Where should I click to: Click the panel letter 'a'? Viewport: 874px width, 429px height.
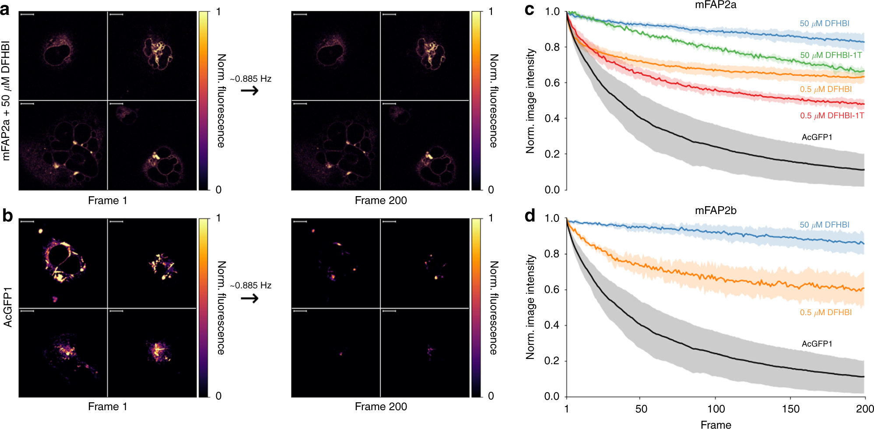coord(5,10)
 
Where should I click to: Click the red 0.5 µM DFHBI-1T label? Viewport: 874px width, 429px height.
coord(832,116)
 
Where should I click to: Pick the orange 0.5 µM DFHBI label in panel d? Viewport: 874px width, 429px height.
coord(825,313)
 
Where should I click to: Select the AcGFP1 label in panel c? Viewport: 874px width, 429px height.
coord(817,137)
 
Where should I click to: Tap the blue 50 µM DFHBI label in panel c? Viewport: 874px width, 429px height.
coord(824,24)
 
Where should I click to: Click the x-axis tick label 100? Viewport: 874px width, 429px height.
coord(716,409)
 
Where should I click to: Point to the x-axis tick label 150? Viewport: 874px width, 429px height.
coord(790,409)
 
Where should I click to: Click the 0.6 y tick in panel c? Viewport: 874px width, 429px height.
coord(552,83)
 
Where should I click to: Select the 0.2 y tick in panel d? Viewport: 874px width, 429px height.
coord(552,361)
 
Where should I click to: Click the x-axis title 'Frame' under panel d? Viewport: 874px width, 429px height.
coord(716,424)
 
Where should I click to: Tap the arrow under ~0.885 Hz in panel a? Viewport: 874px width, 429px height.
coord(250,91)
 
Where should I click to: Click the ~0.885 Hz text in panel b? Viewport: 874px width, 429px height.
coord(251,285)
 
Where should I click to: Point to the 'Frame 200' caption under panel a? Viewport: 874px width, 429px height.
coord(380,200)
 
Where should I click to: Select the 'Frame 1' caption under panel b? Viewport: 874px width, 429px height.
coord(107,407)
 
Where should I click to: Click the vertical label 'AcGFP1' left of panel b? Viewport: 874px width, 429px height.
coord(7,307)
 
